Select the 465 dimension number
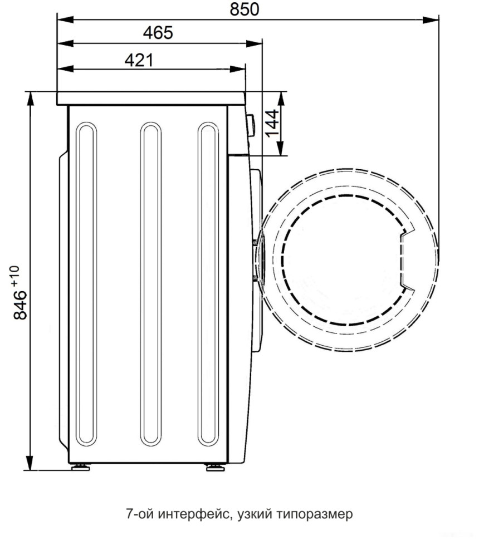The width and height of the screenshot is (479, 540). (158, 33)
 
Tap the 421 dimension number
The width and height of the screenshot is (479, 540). (138, 60)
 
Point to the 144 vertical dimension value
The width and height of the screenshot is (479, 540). (271, 123)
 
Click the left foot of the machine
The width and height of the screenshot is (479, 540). (79, 467)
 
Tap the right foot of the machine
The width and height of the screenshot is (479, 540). (214, 467)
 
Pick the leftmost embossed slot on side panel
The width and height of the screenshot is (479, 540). (86, 284)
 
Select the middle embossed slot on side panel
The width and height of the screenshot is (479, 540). (150, 284)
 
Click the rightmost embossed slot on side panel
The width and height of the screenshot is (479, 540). (208, 284)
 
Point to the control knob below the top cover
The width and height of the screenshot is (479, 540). (250, 124)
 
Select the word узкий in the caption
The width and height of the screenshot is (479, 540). (251, 514)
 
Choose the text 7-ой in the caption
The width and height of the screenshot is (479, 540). (140, 514)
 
